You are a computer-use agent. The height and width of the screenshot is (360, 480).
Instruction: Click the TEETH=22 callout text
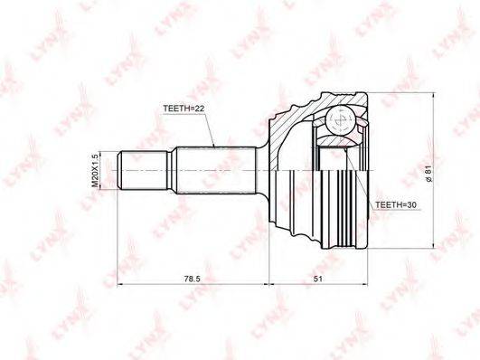pyautogui.click(x=184, y=109)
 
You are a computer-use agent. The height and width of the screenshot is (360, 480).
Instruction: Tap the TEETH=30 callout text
pyautogui.click(x=396, y=205)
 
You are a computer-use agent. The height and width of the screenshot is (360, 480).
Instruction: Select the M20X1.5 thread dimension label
pyautogui.click(x=96, y=171)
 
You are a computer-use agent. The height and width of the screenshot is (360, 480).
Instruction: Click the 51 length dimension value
pyautogui.click(x=318, y=279)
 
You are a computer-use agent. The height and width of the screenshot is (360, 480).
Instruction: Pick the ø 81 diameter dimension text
pyautogui.click(x=428, y=174)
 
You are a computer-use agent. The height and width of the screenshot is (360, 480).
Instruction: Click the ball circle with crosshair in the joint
pyautogui.click(x=340, y=120)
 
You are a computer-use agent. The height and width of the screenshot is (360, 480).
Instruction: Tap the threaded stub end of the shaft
pyautogui.click(x=143, y=170)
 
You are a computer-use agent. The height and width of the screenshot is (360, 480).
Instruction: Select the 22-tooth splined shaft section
pyautogui.click(x=216, y=170)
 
